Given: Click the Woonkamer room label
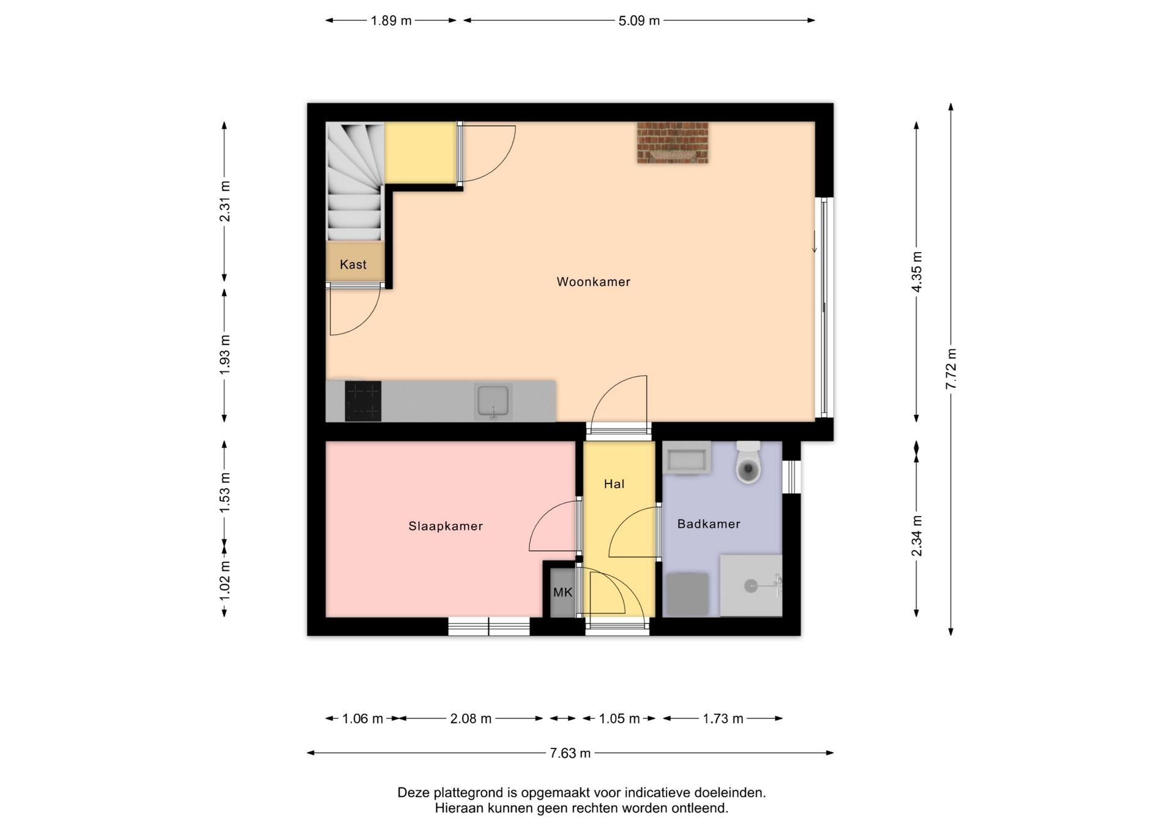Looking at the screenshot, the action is tap(593, 281).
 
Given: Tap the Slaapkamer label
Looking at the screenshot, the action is tap(446, 526).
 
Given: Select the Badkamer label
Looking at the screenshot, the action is tap(709, 524).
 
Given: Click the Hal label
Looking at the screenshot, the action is tap(614, 484).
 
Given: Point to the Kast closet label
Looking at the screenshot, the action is tap(353, 264).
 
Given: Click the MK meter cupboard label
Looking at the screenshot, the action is tap(562, 592).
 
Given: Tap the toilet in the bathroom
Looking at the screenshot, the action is tap(748, 463).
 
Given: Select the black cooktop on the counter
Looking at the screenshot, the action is tap(363, 401).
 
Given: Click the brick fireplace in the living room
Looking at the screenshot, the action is tap(673, 143).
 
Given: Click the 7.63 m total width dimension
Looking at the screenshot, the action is tap(570, 753).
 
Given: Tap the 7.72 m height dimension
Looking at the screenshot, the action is tap(950, 368).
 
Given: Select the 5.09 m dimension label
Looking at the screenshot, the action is tap(639, 21).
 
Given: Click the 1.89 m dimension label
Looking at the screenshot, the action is tap(391, 21).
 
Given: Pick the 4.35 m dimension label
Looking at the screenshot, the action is tap(916, 272).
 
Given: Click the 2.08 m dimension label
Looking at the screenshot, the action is tap(471, 718).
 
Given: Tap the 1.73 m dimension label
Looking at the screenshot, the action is tap(723, 718).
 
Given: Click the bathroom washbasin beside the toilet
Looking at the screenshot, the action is tap(687, 458).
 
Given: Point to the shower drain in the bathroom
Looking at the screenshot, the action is tap(750, 586).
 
